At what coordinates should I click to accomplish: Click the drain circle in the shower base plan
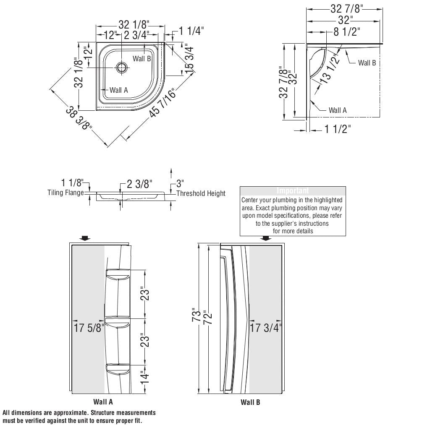(122, 68)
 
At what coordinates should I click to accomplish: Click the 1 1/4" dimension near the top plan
(191, 31)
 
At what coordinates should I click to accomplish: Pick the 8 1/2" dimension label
(347, 31)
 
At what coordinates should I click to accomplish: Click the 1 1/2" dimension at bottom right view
(337, 129)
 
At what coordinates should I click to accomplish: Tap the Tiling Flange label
(66, 193)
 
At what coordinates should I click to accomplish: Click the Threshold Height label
(201, 193)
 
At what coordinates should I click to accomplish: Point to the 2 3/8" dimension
(139, 184)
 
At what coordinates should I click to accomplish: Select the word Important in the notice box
(293, 191)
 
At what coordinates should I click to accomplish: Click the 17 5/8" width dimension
(89, 328)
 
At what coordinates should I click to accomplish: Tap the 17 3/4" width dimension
(266, 328)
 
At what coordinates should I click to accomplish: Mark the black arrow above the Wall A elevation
(85, 238)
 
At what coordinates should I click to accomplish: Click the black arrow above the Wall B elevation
(265, 238)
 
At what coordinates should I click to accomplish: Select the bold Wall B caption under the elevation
(250, 402)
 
